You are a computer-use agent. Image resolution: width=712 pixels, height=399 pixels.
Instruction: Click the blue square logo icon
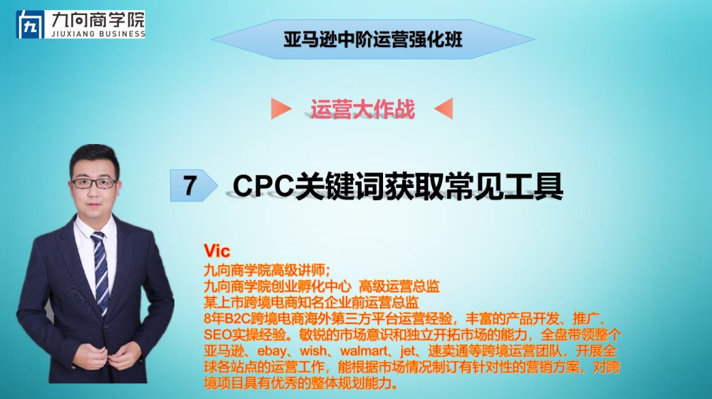pyautogui.click(x=31, y=24)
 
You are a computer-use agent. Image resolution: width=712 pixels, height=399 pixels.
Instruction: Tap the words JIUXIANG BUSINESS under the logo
pyautogui.click(x=98, y=33)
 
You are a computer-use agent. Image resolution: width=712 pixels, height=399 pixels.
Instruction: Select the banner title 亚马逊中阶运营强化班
pyautogui.click(x=373, y=39)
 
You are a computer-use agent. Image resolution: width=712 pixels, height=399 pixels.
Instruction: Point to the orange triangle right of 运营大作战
pyautogui.click(x=444, y=108)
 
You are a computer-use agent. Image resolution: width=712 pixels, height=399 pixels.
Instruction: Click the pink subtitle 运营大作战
pyautogui.click(x=362, y=109)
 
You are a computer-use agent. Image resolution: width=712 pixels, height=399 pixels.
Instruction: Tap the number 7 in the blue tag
pyautogui.click(x=190, y=185)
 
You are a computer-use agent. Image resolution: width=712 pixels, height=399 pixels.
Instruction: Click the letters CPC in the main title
pyautogui.click(x=263, y=185)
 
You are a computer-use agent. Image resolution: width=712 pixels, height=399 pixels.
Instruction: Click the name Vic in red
pyautogui.click(x=217, y=251)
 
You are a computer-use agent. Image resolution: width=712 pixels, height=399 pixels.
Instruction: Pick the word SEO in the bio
pyautogui.click(x=217, y=335)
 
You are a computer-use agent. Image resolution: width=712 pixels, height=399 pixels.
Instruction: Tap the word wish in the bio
pyautogui.click(x=313, y=351)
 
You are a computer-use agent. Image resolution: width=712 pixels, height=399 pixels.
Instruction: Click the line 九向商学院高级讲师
pyautogui.click(x=265, y=270)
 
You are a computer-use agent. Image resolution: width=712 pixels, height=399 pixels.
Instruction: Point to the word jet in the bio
pyautogui.click(x=408, y=351)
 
